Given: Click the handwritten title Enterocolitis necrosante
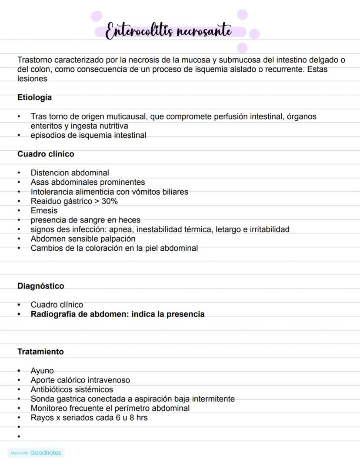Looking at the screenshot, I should (169, 32).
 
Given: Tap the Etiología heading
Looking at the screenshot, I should (34, 98).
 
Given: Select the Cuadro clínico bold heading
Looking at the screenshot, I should (46, 154).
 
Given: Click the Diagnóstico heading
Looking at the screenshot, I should (40, 286).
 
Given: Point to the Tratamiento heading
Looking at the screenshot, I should (40, 352).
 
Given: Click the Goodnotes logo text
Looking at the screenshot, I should (46, 453).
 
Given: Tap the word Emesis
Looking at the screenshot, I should (44, 211).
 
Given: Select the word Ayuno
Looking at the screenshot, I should (42, 371).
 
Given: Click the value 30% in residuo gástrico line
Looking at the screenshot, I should (110, 201).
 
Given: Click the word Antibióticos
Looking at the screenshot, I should (53, 390).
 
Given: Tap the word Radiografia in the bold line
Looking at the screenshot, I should (53, 314).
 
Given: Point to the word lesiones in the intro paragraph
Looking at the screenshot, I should (32, 79).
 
